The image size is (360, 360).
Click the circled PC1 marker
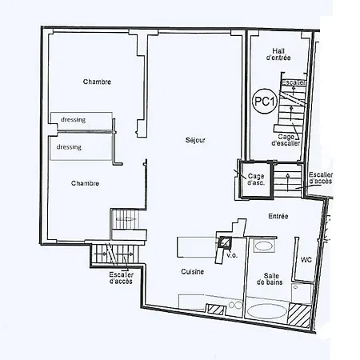coord(263,102)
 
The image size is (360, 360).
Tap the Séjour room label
coord(195,141)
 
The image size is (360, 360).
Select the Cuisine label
coord(192,272)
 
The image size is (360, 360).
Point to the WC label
coord(306,260)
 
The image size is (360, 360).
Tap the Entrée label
coord(278,216)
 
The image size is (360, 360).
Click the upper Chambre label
coord(97,82)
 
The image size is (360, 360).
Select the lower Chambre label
coord(85,183)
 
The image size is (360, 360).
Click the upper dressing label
coord(72,120)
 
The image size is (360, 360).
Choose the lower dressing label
coord(69,147)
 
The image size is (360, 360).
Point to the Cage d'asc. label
coord(256,179)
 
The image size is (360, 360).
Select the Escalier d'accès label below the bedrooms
coord(122,278)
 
